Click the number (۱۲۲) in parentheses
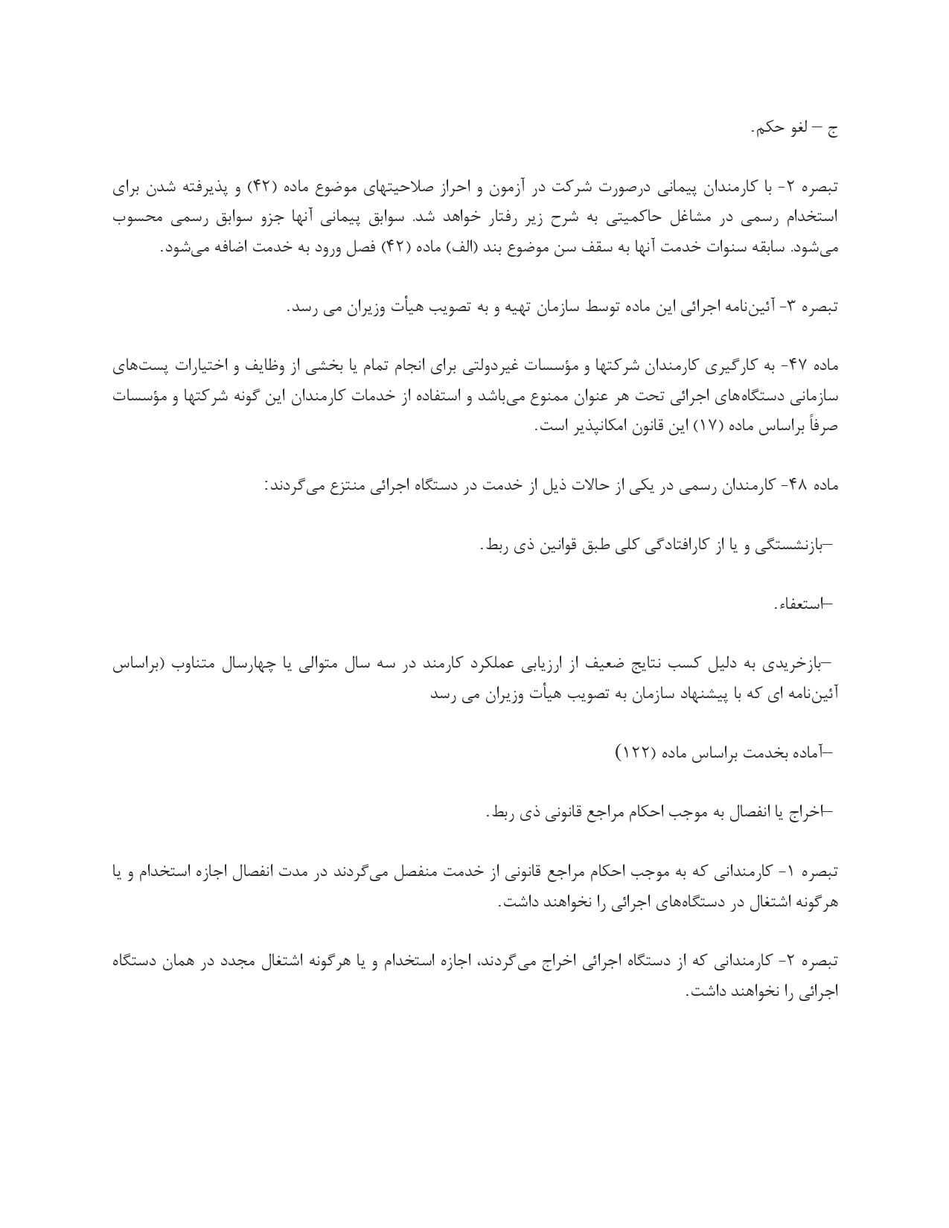(634, 754)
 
